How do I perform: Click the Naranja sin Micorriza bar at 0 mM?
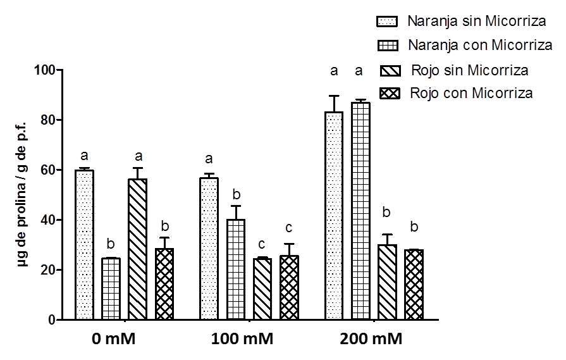(84, 245)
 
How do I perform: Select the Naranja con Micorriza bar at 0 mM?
(111, 289)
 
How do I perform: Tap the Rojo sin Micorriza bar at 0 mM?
(137, 250)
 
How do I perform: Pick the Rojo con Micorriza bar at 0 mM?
(164, 285)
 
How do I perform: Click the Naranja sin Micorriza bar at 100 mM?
(209, 249)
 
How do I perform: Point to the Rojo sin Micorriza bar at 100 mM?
(262, 290)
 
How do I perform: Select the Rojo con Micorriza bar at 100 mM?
(289, 288)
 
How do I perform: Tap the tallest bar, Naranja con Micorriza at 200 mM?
(360, 211)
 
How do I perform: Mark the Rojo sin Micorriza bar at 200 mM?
(387, 283)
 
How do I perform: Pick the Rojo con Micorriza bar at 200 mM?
(414, 285)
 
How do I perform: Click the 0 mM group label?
(114, 338)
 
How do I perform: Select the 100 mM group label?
(242, 338)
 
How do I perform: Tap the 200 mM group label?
(371, 338)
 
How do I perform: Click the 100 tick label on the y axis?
(48, 70)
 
